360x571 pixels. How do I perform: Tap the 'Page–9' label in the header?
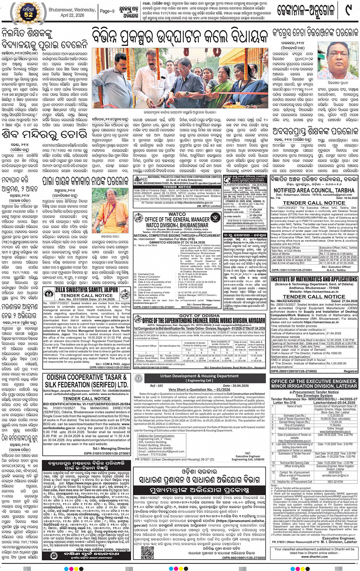[x=107, y=11]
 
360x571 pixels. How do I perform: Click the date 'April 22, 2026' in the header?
[x=72, y=15]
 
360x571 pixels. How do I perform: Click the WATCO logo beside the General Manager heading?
[x=216, y=218]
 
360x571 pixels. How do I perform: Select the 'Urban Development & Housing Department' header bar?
[x=199, y=376]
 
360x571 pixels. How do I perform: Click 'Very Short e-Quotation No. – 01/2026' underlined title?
[x=199, y=390]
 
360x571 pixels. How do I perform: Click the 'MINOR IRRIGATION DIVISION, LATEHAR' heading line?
[x=314, y=386]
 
